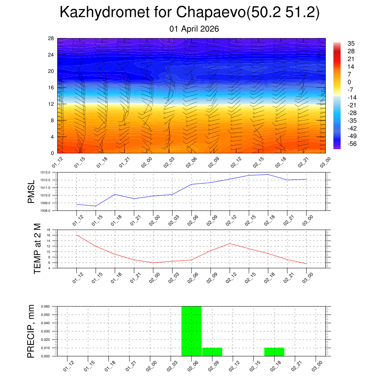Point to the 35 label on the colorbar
pos(351,43)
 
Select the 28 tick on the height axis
pos(51,39)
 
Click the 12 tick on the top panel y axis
pos(51,104)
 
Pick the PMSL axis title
pos(31,191)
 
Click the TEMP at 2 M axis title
pos(37,249)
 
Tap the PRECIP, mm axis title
pos(31,331)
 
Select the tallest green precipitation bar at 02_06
pos(191,331)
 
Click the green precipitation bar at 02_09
pos(212,352)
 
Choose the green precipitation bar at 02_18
pos(274,352)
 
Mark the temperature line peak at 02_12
pos(230,243)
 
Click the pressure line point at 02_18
pos(268,174)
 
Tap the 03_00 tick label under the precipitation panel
pos(317,365)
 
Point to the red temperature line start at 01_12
pos(77,235)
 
